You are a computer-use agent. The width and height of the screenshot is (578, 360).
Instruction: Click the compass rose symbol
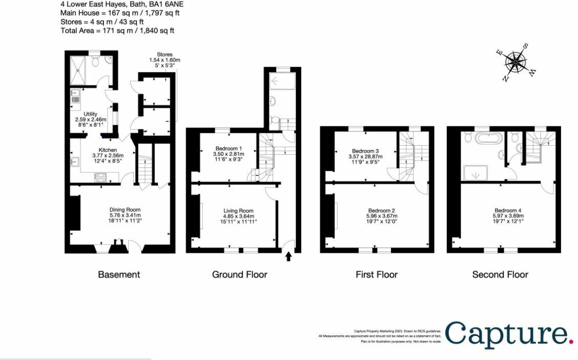click(517, 63)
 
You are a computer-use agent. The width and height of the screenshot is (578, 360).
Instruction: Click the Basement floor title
click(119, 275)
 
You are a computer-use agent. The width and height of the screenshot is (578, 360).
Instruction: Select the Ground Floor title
click(239, 275)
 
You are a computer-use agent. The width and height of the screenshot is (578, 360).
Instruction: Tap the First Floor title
click(377, 275)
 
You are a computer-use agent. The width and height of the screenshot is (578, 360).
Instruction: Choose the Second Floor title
click(500, 275)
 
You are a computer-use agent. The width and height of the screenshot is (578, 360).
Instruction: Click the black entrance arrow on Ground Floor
click(288, 256)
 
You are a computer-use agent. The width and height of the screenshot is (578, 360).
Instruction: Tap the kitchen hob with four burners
click(100, 177)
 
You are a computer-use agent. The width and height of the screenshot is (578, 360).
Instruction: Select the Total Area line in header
click(117, 30)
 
